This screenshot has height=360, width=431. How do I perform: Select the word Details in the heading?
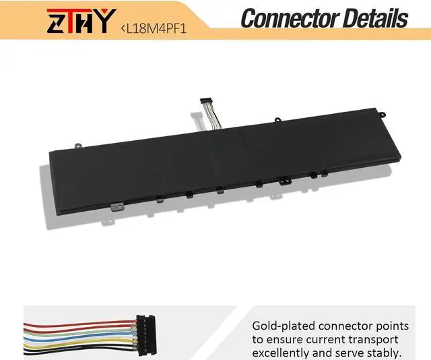[374, 18]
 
